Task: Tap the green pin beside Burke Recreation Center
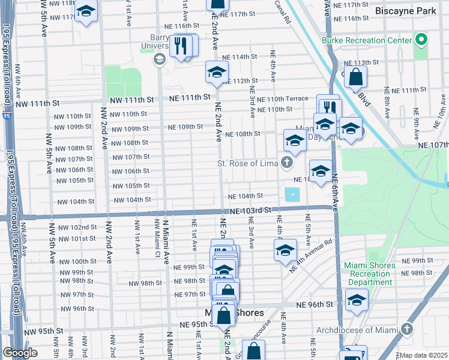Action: click(x=421, y=41)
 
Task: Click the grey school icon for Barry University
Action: click(x=160, y=59)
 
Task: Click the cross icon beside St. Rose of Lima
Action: click(x=288, y=163)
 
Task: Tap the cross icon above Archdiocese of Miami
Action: click(x=407, y=329)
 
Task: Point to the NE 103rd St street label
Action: click(x=251, y=211)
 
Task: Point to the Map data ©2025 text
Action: click(x=423, y=355)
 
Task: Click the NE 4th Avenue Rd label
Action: click(x=310, y=257)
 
